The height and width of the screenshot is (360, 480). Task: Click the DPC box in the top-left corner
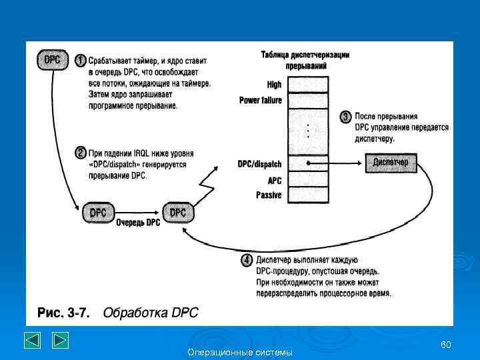(53, 60)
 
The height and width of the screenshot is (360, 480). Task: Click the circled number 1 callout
(80, 60)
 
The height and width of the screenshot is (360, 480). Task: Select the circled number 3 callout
(345, 117)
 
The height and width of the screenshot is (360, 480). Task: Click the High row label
(274, 85)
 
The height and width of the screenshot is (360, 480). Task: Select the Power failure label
(260, 101)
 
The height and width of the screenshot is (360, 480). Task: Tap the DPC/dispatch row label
(259, 164)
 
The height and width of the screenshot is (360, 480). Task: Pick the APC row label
(274, 180)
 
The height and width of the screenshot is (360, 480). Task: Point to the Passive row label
(269, 195)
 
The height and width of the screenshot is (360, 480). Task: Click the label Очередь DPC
(138, 223)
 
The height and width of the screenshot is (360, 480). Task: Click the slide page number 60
(446, 344)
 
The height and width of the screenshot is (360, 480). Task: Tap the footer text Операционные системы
(240, 352)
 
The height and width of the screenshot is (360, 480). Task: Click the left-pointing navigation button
(33, 340)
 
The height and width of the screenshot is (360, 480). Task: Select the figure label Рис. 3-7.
(63, 312)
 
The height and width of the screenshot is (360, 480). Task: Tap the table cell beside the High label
(308, 84)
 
